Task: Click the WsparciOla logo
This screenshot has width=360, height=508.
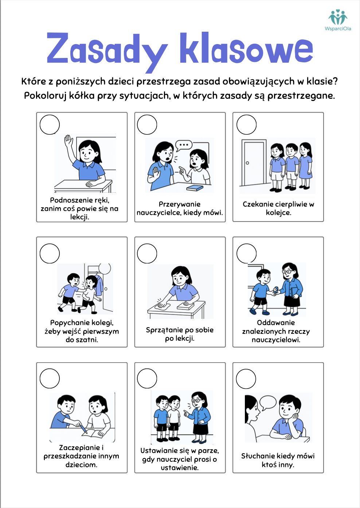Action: click(x=338, y=20)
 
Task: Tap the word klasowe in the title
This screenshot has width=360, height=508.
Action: click(x=246, y=48)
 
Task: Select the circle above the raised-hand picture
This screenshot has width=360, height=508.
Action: click(x=50, y=125)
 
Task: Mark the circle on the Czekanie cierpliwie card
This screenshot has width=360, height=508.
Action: click(x=246, y=125)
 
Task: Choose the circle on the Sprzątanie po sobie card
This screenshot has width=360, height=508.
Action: click(x=147, y=253)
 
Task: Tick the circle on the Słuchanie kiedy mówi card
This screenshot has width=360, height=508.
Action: click(x=246, y=379)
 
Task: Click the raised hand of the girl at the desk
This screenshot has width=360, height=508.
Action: click(x=69, y=141)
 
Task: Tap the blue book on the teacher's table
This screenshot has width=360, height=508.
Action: click(x=195, y=188)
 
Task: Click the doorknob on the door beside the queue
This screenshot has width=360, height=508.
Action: click(x=247, y=163)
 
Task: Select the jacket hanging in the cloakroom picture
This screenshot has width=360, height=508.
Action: click(x=99, y=285)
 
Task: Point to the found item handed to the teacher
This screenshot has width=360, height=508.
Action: click(x=275, y=290)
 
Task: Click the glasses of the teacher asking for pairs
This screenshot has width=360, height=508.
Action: click(x=196, y=400)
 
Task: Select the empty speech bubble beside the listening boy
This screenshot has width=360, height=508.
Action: click(x=268, y=403)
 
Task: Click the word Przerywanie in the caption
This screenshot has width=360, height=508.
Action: click(x=180, y=204)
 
